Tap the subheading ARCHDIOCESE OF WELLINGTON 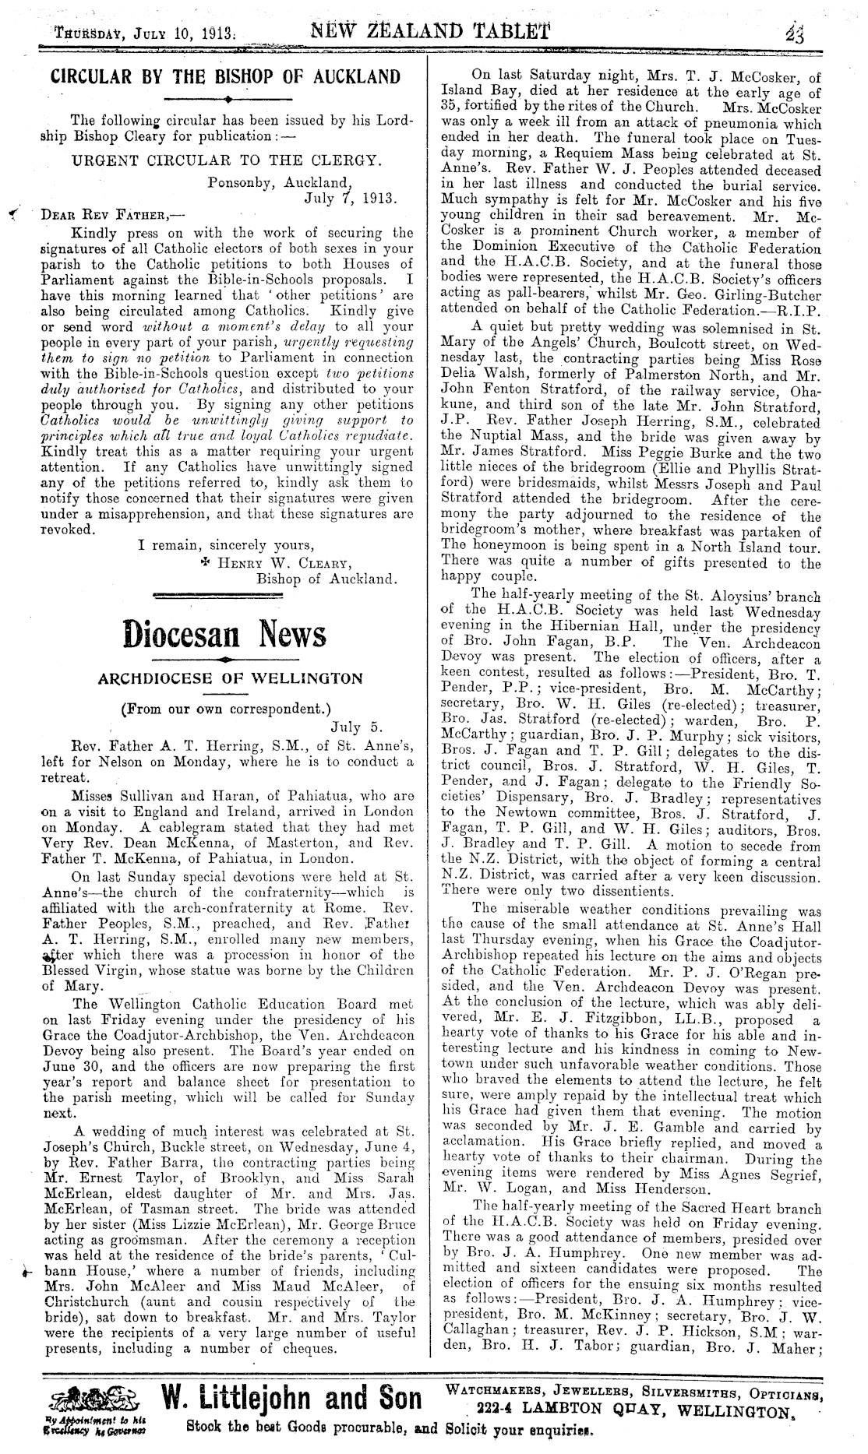pos(230,678)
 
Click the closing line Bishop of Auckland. pos(327,579)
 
